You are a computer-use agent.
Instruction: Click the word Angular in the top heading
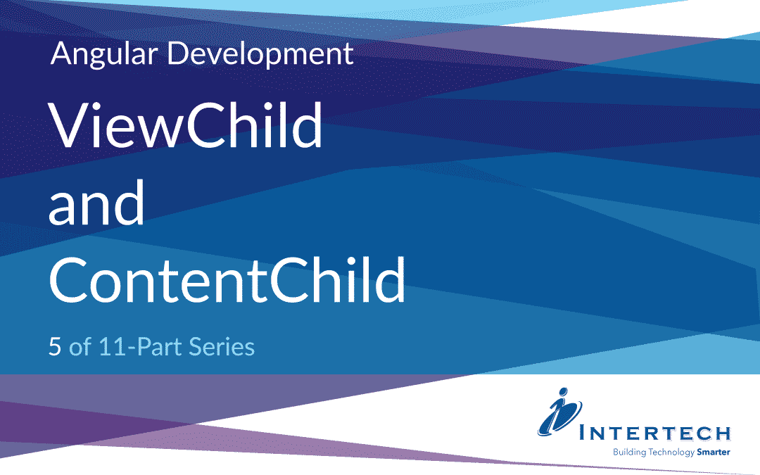click(103, 54)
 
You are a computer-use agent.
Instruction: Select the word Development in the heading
click(260, 54)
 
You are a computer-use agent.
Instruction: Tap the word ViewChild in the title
click(186, 125)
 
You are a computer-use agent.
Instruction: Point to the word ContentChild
click(227, 279)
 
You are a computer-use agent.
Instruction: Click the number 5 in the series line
click(55, 347)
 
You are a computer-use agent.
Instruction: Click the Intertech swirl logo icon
click(560, 412)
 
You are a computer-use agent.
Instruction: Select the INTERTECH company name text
click(655, 433)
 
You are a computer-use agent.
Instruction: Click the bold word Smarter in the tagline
click(714, 452)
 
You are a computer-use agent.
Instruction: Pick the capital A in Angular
click(60, 53)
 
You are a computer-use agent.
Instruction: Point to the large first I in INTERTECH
click(583, 431)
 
